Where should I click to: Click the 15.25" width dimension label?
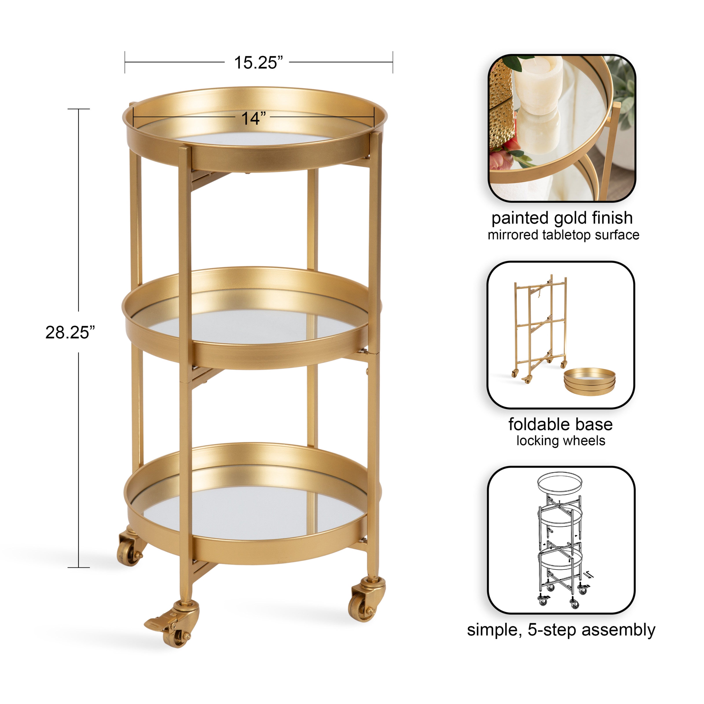coord(258,63)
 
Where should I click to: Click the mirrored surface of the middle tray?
coord(251,326)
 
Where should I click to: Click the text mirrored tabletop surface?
coord(563,235)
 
